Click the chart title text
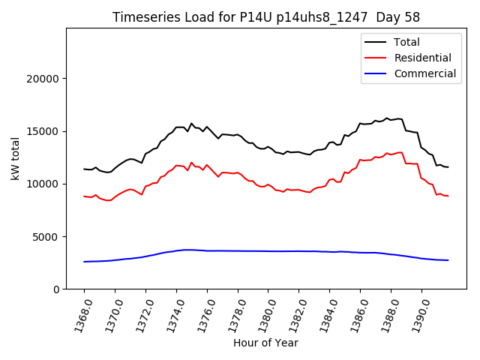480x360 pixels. coord(266,17)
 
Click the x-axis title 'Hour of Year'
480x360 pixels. coord(265,343)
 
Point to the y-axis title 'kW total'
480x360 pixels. coord(15,159)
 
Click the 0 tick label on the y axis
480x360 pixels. coord(57,289)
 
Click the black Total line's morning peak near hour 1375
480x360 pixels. coord(191,124)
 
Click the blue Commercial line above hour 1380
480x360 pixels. coord(268,251)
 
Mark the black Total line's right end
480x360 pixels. coord(448,166)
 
